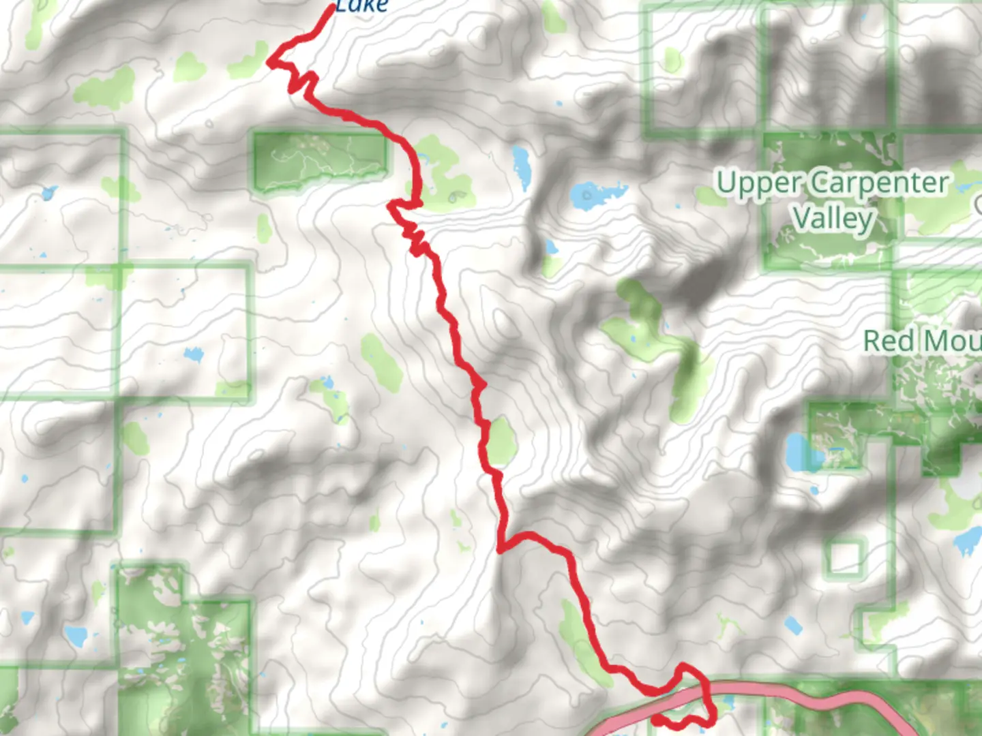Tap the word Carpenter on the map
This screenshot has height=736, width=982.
pos(880,183)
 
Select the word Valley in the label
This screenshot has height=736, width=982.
pos(833,219)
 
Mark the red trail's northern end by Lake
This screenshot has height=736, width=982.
pos(333,8)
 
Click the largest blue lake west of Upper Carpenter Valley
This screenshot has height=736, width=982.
pos(589,196)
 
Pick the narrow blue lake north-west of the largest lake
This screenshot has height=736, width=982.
pos(522,167)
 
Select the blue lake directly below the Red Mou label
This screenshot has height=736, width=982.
pos(797,451)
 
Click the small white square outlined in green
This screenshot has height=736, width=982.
pos(846,557)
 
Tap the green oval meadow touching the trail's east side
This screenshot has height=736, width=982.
pos(502,441)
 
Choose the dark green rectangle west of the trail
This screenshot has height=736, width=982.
pos(319,161)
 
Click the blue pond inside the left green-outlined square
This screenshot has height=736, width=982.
pos(193,354)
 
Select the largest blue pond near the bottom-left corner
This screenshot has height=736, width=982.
pos(75,636)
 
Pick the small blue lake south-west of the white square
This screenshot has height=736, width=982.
pos(792,625)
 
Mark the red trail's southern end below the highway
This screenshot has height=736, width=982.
pos(655,719)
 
